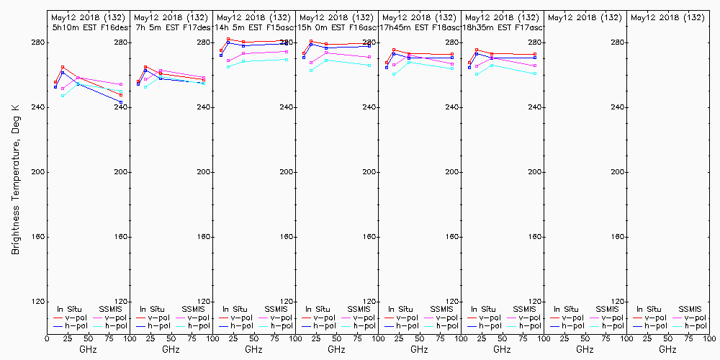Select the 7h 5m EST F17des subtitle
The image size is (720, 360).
(x=172, y=27)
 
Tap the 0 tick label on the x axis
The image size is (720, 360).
(x=47, y=337)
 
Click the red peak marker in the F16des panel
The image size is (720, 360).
(x=63, y=67)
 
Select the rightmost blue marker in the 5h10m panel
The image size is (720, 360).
(x=121, y=102)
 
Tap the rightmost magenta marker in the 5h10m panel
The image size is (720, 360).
(x=121, y=84)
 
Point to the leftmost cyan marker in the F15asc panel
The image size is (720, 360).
(x=228, y=66)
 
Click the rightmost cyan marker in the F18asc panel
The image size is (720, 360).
(x=452, y=68)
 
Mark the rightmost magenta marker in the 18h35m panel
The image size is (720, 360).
(x=535, y=66)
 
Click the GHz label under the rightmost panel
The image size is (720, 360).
(x=667, y=349)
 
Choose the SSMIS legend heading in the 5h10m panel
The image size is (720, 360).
(x=111, y=309)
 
